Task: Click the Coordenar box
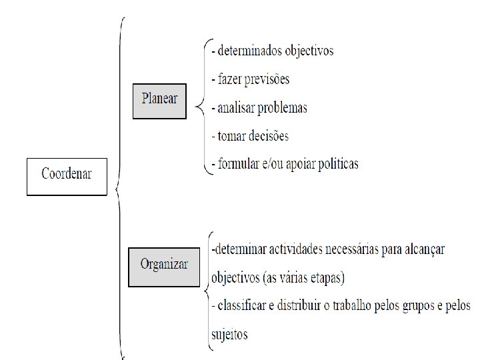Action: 67,175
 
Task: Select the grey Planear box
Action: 159,99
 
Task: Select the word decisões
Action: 266,136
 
